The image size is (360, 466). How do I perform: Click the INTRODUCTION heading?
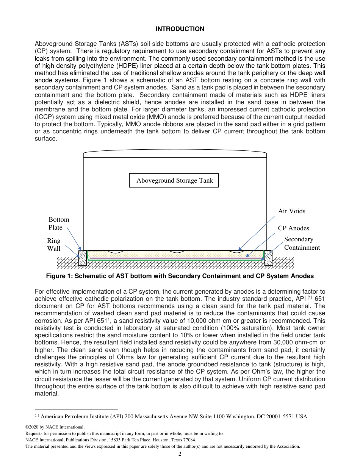coord(180,29)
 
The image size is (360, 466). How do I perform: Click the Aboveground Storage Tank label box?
coord(174,180)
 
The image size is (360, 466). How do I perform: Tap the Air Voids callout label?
coord(291,211)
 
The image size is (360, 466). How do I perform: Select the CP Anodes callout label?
coord(293,228)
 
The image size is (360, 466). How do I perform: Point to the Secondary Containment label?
coord(302,243)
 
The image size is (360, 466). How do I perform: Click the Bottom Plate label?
coord(59,224)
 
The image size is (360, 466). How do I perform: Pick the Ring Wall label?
coord(53,245)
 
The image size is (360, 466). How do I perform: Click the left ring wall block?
coord(82,258)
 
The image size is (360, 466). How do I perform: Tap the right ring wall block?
coord(268,258)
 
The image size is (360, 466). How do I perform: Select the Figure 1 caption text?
coord(180,276)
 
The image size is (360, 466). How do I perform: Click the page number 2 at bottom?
coord(180,454)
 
